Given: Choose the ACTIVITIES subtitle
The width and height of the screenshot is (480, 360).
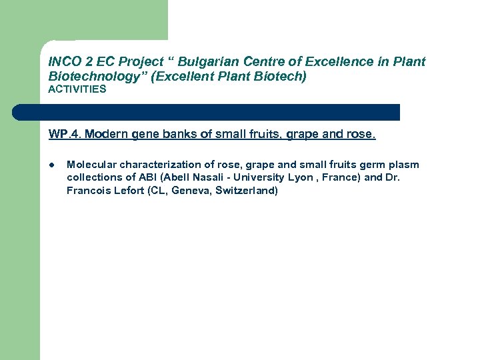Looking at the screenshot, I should click(77, 89).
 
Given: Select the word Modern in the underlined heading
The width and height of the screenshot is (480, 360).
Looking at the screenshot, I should click(107, 135).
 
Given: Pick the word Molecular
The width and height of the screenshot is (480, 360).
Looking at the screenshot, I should click(91, 165).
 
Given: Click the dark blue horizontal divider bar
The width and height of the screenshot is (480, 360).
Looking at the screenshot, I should click(206, 112).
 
